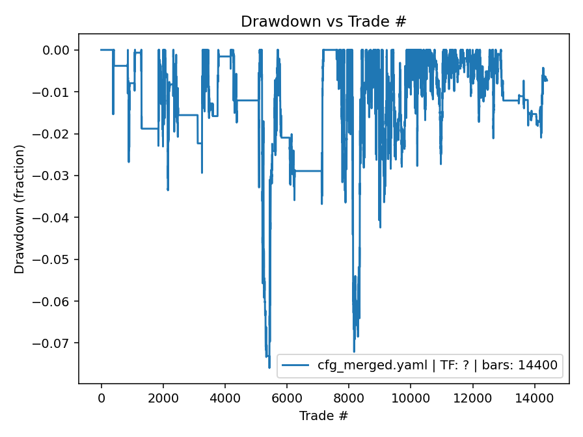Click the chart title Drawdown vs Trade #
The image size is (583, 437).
tap(323, 21)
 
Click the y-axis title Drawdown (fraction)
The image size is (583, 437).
tap(20, 209)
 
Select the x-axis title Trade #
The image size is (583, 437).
tap(323, 415)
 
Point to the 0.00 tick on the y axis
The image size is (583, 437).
tap(60, 50)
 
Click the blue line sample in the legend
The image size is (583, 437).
tap(296, 365)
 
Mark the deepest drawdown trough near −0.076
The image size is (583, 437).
tap(269, 367)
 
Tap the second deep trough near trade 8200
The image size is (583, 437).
tap(354, 351)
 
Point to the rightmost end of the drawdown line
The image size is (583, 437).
tap(547, 81)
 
